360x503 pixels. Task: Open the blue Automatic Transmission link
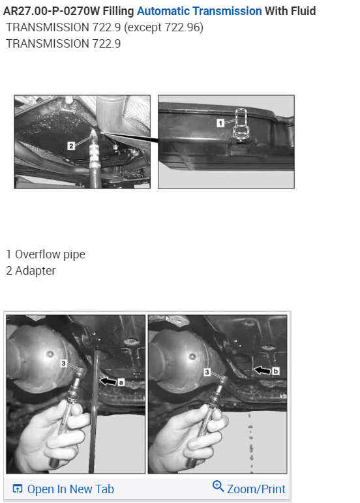pos(199,11)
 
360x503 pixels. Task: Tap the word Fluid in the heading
pos(301,11)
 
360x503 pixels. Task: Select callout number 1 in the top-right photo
pos(220,122)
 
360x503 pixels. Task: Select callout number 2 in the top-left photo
pos(70,145)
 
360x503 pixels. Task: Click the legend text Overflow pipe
pos(50,254)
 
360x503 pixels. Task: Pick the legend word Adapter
pos(35,271)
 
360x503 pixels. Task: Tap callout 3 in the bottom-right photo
pos(207,371)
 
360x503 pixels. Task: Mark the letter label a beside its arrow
pos(121,382)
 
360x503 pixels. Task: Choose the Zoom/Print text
pos(256,488)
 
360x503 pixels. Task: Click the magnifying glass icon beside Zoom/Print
pos(218,487)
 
